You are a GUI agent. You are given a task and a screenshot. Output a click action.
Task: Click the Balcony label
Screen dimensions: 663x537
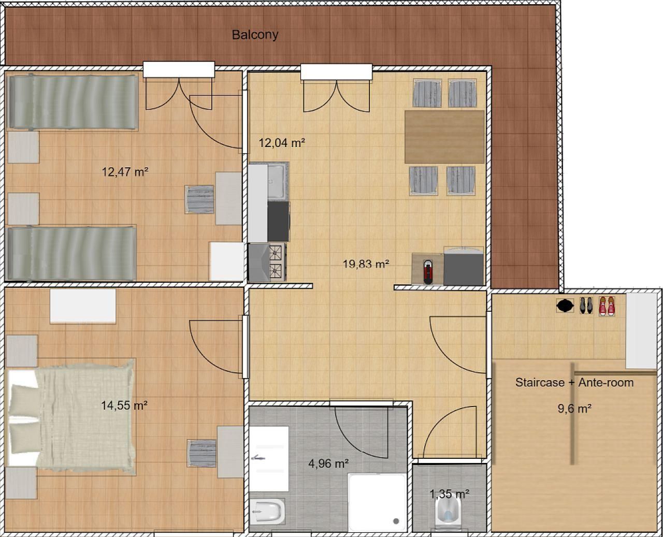coord(255,35)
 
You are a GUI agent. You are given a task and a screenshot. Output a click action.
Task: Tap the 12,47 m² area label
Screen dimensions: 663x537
coord(125,172)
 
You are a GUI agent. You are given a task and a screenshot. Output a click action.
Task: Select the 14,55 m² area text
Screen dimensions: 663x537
coord(124,405)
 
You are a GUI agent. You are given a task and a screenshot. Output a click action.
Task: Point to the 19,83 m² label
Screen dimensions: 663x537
coord(366,264)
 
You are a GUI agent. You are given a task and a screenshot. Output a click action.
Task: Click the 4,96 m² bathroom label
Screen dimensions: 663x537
coord(328,463)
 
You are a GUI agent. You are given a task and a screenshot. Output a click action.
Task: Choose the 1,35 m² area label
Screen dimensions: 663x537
coord(450,494)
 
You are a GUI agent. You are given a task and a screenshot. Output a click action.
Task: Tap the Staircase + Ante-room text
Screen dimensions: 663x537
coord(574,382)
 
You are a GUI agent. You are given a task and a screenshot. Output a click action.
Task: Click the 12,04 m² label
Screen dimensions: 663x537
coord(282,143)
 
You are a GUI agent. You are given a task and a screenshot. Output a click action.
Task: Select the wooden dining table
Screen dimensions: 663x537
coord(444,137)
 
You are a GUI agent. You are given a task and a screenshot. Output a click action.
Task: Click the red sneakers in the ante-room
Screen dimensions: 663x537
coord(607,306)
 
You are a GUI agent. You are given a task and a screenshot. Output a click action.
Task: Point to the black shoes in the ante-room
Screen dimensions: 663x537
coord(586,306)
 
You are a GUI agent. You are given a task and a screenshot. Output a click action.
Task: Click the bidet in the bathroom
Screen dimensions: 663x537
coord(268,512)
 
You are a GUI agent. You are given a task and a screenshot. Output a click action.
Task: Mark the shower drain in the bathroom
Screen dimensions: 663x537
coord(396,521)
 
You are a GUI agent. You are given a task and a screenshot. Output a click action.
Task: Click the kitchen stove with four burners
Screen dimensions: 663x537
coord(267,262)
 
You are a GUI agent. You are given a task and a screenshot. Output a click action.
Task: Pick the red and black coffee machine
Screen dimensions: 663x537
coord(428,272)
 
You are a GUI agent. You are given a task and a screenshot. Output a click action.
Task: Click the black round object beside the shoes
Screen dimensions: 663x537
coord(565,306)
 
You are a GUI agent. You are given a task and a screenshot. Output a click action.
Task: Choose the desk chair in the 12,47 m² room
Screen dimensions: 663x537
coord(199,199)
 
